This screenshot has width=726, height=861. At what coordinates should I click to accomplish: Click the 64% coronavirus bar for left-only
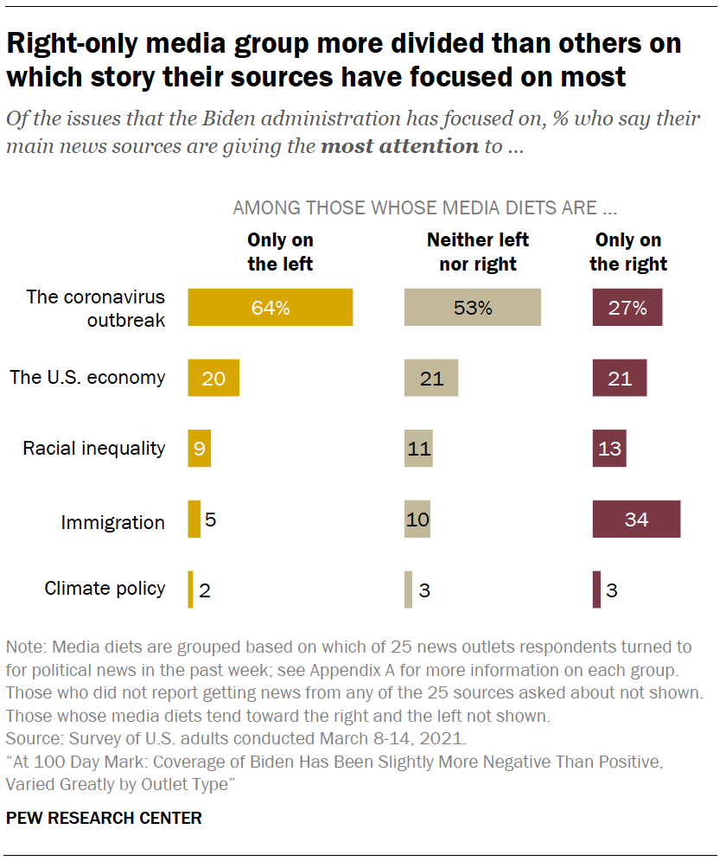pyautogui.click(x=270, y=307)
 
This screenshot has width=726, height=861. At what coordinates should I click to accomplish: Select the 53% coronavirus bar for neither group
pyautogui.click(x=473, y=307)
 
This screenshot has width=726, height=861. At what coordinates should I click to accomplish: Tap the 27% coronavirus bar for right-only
pyautogui.click(x=627, y=307)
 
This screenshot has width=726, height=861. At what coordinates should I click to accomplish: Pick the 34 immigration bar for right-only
pyautogui.click(x=636, y=520)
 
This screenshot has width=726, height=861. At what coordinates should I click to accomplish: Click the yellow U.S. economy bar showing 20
pyautogui.click(x=213, y=378)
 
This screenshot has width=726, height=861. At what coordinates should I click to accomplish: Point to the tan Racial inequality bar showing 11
pyautogui.click(x=418, y=449)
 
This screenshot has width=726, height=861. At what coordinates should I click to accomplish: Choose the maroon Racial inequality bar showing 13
pyautogui.click(x=609, y=449)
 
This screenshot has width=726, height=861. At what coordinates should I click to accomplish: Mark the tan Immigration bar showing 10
pyautogui.click(x=417, y=520)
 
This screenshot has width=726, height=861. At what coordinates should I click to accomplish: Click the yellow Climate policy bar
pyautogui.click(x=190, y=590)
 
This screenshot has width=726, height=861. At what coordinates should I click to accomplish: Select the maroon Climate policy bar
pyautogui.click(x=596, y=590)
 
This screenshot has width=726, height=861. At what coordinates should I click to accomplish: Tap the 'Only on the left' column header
pyautogui.click(x=280, y=252)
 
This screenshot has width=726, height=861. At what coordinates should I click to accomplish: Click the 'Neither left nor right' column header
pyautogui.click(x=478, y=252)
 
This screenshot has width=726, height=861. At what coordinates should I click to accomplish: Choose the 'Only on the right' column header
pyautogui.click(x=628, y=252)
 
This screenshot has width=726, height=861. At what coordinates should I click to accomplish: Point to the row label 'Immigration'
pyautogui.click(x=112, y=522)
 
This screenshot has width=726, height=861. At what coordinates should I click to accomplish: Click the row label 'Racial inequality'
pyautogui.click(x=93, y=448)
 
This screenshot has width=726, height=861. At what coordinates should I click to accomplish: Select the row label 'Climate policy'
pyautogui.click(x=105, y=589)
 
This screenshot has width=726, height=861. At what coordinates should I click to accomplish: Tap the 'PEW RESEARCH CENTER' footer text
pyautogui.click(x=104, y=818)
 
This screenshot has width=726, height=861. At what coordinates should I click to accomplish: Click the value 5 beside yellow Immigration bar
pyautogui.click(x=211, y=520)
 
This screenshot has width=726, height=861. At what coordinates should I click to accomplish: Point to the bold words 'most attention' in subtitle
pyautogui.click(x=399, y=145)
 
